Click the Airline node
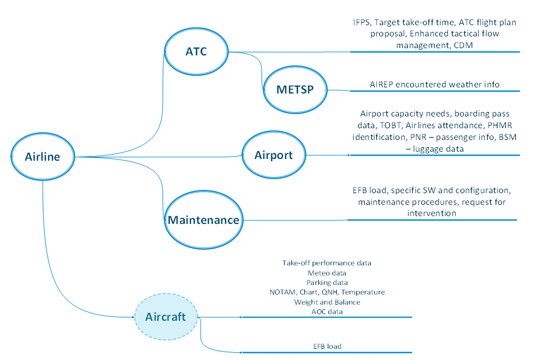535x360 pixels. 42,157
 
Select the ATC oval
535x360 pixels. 196,52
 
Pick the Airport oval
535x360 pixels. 274,155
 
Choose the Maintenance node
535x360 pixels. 203,219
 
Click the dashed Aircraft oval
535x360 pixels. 165,317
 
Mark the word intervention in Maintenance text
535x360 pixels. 431,213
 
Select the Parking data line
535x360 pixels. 327,282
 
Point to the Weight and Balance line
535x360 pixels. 327,302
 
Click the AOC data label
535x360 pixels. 327,311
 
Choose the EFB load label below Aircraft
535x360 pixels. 327,347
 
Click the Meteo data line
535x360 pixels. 327,273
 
